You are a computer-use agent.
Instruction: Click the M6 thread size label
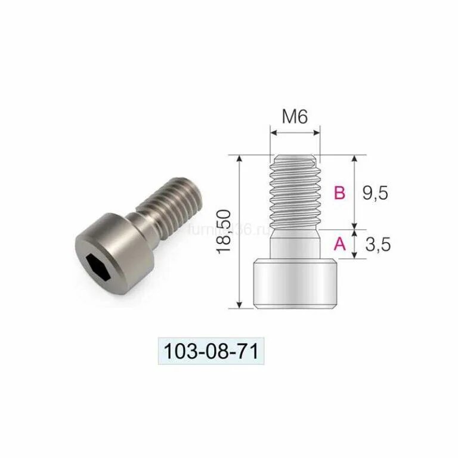click(x=295, y=116)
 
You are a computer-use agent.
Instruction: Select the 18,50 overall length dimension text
click(x=225, y=232)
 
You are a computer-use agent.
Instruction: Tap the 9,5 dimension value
click(x=375, y=193)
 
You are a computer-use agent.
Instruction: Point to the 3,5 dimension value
click(x=376, y=244)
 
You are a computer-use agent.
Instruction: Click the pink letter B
click(x=339, y=193)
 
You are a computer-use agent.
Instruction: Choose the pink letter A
click(x=339, y=243)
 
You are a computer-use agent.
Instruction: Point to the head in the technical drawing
click(x=295, y=284)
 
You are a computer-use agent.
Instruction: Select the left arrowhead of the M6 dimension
click(x=273, y=131)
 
